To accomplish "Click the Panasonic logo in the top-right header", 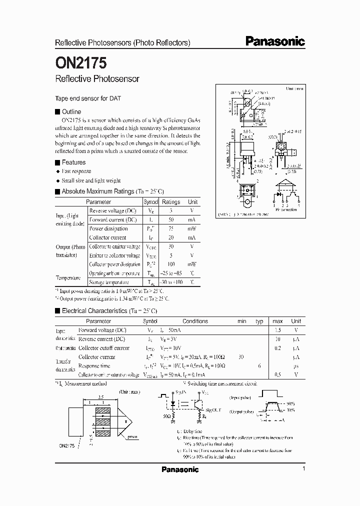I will pos(275,42).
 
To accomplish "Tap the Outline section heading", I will pos(71,111).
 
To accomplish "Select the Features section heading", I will pos(73,162).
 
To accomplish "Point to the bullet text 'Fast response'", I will pos(76,171).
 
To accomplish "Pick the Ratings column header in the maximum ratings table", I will pos(171,201).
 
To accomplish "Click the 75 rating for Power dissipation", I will pos(171,228).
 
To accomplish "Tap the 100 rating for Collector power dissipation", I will pos(171,264).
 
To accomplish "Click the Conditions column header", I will pos(195,321).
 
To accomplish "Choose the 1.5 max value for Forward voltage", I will pos(278,330).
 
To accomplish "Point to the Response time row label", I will pos(93,366).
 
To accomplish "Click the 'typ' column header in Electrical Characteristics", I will pos(259,321).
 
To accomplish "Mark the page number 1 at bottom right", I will pos(303,468).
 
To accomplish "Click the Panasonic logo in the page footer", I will pos(180,469).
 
